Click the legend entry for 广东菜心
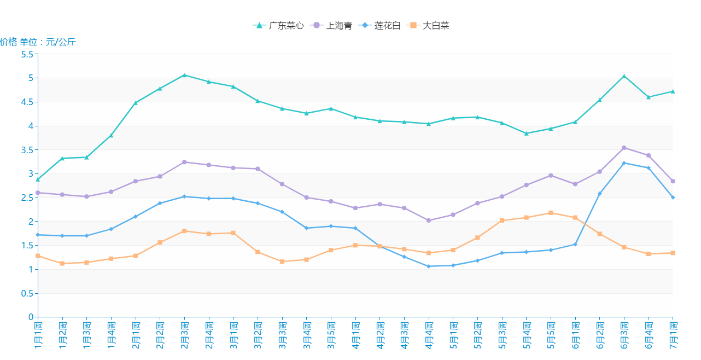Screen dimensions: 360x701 (x=279, y=25)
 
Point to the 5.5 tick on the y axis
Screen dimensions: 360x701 (x=27, y=54)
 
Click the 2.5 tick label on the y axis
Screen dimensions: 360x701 (x=27, y=198)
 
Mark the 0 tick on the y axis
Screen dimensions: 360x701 (x=31, y=317)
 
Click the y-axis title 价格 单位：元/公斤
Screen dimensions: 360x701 (x=38, y=42)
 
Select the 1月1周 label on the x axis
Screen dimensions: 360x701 (x=38, y=335)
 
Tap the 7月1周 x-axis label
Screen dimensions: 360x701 (x=673, y=335)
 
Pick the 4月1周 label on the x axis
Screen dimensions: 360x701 (x=355, y=335)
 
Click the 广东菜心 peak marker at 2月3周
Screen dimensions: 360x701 (x=184, y=75)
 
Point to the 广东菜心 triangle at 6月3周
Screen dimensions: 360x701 (x=624, y=76)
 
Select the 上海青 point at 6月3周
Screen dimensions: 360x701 (x=624, y=148)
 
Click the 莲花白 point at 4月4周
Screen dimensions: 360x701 (x=429, y=266)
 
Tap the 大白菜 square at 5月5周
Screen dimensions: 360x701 (x=551, y=213)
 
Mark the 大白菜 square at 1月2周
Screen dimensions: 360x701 (x=62, y=263)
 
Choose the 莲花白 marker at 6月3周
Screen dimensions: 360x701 (x=624, y=163)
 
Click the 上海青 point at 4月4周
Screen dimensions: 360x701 (x=429, y=220)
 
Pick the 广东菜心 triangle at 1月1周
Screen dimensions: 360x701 (x=38, y=179)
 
